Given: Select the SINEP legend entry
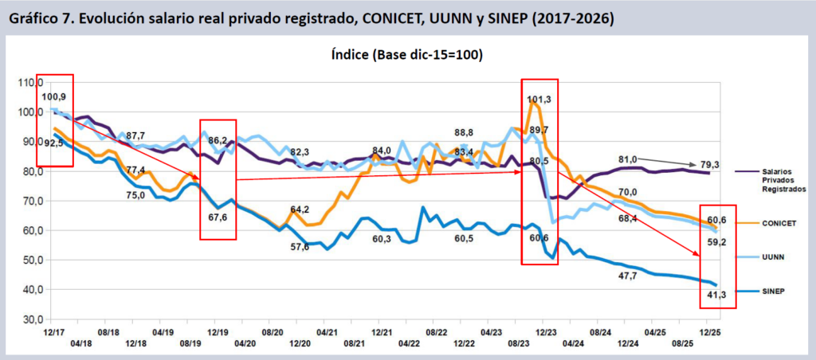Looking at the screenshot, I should click(768, 292).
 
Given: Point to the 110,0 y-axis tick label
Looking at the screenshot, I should click(29, 82).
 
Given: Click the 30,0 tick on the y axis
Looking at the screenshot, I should click(30, 319).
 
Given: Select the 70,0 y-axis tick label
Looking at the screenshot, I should click(30, 201).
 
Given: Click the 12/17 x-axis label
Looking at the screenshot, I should click(54, 330).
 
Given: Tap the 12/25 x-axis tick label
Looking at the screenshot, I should click(711, 330).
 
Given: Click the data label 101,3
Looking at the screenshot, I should click(539, 100).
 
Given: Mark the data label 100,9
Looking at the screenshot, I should click(54, 96).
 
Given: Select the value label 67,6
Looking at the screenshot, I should click(218, 216).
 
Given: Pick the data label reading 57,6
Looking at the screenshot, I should click(300, 247).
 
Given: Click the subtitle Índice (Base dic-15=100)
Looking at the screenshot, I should click(407, 55).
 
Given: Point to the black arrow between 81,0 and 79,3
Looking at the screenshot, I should click(670, 162).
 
